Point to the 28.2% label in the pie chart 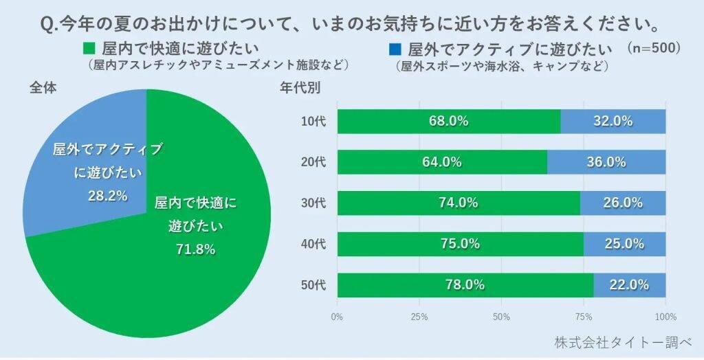pyautogui.click(x=107, y=196)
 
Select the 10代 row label pyautogui.click(x=313, y=122)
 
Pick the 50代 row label pyautogui.click(x=313, y=284)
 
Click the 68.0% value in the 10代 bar pyautogui.click(x=448, y=122)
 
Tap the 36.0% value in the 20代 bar pyautogui.click(x=606, y=162)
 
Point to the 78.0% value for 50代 pyautogui.click(x=465, y=284)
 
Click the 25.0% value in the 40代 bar pyautogui.click(x=624, y=244)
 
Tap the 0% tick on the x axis pyautogui.click(x=337, y=317)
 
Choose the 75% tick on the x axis pyautogui.click(x=584, y=317)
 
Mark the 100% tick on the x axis pyautogui.click(x=665, y=317)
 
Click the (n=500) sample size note pyautogui.click(x=654, y=49)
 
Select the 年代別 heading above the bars pyautogui.click(x=299, y=88)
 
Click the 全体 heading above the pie pyautogui.click(x=42, y=88)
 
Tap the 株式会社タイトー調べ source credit pyautogui.click(x=622, y=341)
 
